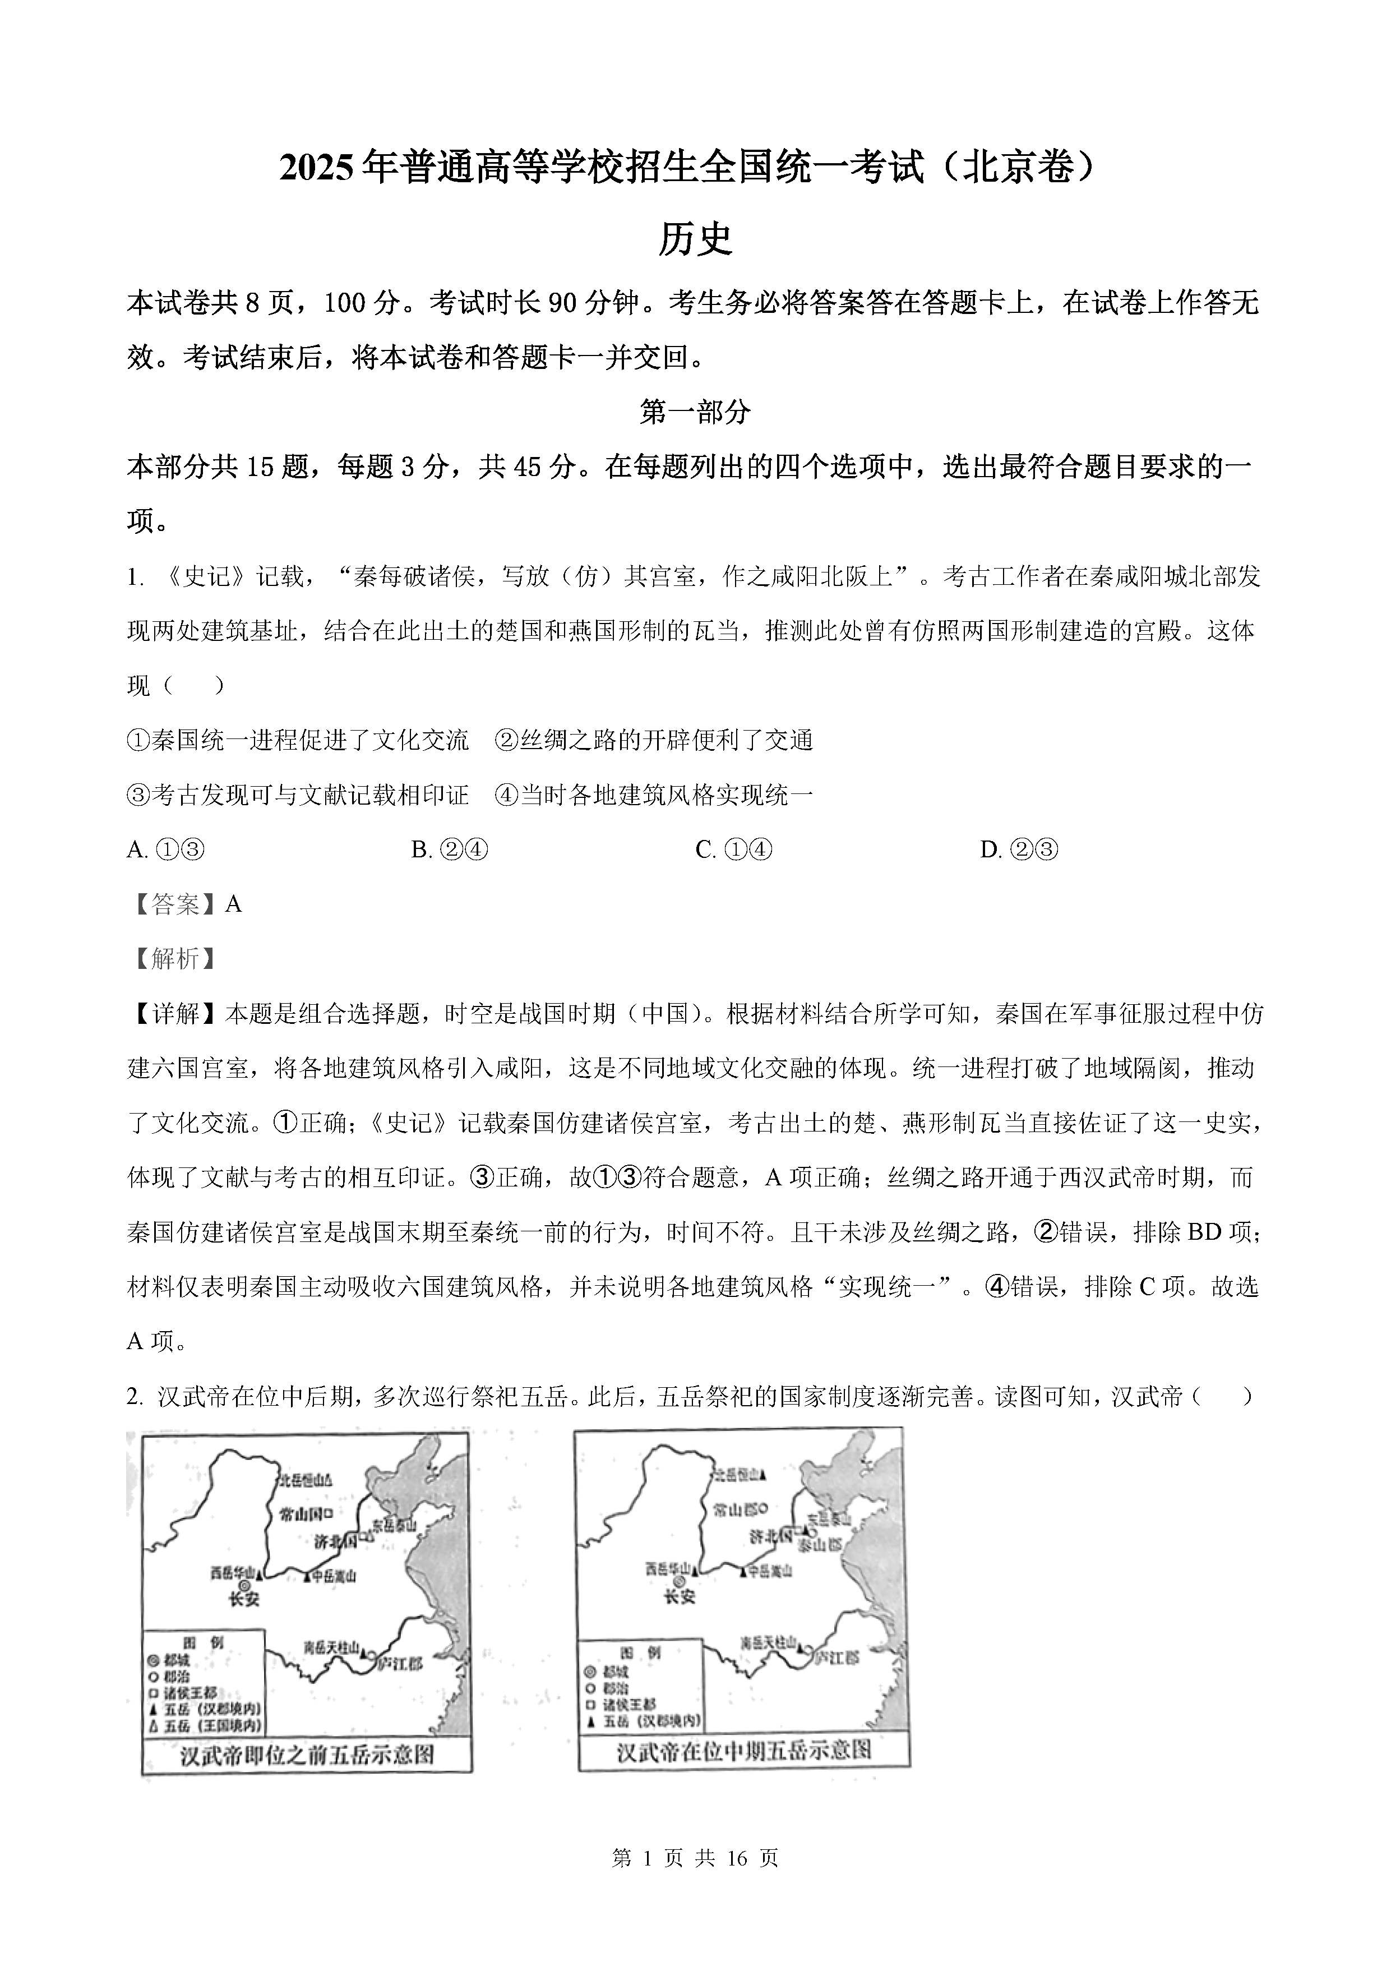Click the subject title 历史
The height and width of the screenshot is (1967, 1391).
tap(695, 240)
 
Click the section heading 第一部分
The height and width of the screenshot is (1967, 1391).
tap(695, 412)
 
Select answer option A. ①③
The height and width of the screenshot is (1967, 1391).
tap(165, 850)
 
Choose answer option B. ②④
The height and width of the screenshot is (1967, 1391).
tap(450, 850)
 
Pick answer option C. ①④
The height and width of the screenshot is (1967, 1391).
tap(734, 850)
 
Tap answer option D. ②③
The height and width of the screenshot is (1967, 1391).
tap(1019, 850)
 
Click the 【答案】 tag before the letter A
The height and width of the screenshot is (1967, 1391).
tap(175, 904)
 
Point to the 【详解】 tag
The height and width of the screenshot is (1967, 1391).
tap(175, 1014)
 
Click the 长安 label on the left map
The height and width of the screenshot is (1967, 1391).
tap(243, 1600)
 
